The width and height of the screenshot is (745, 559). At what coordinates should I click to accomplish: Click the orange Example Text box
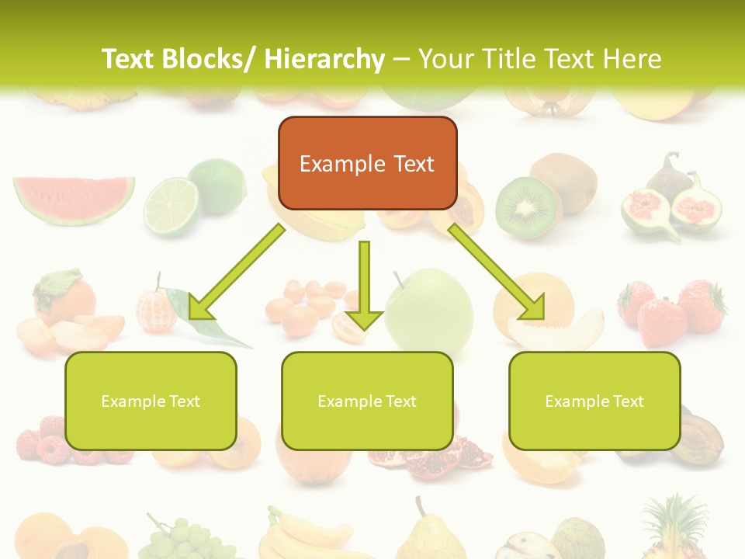pyautogui.click(x=367, y=163)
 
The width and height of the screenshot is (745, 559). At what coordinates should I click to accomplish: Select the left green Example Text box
pyautogui.click(x=151, y=401)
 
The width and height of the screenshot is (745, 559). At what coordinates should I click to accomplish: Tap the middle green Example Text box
pyautogui.click(x=367, y=401)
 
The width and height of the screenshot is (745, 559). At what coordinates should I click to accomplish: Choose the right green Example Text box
pyautogui.click(x=594, y=401)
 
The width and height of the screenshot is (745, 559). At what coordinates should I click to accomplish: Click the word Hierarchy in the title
pyautogui.click(x=324, y=59)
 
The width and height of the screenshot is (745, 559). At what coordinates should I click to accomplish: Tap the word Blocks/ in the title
pyautogui.click(x=207, y=59)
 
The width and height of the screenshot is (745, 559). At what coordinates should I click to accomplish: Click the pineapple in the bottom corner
pyautogui.click(x=674, y=528)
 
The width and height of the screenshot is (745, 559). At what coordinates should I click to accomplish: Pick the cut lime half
pyautogui.click(x=172, y=206)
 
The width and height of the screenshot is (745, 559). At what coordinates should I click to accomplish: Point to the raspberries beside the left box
pyautogui.click(x=43, y=439)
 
